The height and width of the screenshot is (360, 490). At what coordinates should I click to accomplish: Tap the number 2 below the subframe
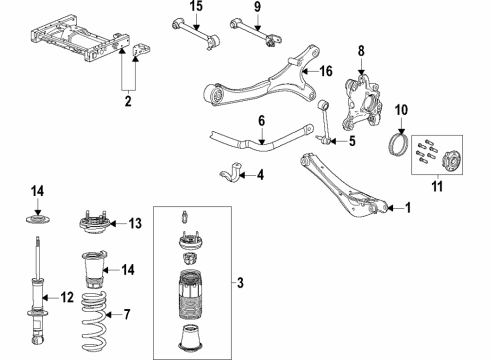[126, 101]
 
